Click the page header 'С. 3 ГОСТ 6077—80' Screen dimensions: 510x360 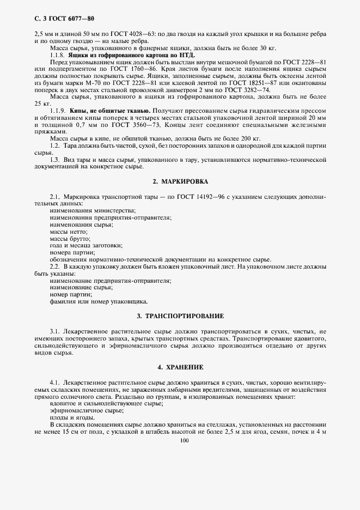coord(53,20)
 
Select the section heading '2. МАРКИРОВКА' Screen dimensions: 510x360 coord(180,180)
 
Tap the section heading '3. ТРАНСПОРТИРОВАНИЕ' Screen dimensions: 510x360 coord(180,316)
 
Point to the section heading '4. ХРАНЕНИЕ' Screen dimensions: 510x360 coord(180,367)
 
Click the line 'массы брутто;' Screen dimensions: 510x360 coord(70,238)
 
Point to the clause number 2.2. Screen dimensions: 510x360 coord(54,266)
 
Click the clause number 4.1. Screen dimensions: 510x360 coord(54,383)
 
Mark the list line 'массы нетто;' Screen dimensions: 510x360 coord(68,231)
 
